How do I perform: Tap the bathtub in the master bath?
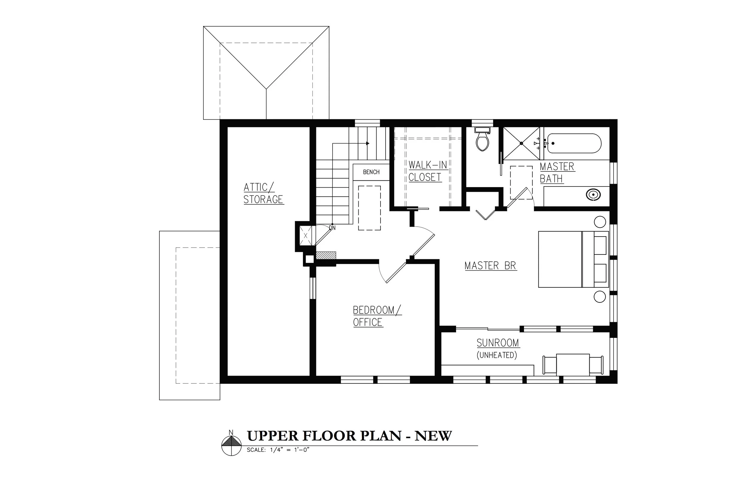574,143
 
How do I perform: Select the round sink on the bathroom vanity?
593,194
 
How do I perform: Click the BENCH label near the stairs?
371,172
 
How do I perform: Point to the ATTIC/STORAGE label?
263,193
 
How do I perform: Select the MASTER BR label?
491,266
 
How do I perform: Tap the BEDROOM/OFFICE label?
377,316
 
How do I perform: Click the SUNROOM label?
498,343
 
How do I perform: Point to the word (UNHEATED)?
497,355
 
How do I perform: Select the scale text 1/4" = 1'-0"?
289,450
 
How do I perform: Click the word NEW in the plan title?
433,436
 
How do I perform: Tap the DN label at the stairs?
332,228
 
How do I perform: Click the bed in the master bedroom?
573,260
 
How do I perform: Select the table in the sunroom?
573,365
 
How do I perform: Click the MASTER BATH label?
557,173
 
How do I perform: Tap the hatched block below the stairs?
326,255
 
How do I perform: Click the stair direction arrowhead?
368,143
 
